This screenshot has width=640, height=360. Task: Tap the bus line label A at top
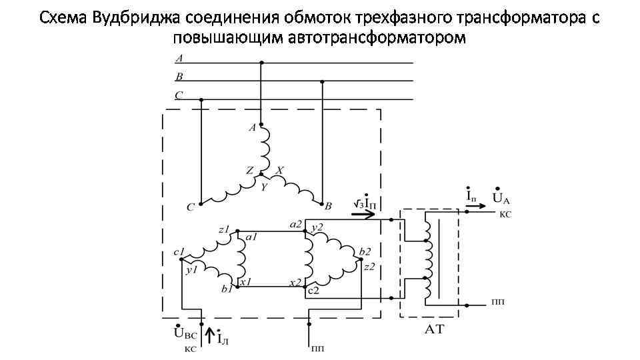click(x=179, y=59)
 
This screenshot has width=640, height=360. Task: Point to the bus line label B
click(x=179, y=77)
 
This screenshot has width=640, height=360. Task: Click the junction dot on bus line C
click(x=201, y=101)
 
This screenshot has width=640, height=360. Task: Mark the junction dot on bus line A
click(x=261, y=63)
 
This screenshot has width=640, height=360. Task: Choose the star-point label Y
click(x=264, y=187)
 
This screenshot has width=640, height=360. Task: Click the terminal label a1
click(x=253, y=237)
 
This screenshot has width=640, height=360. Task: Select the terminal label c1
click(x=178, y=253)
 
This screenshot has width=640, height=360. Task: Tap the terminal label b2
click(x=365, y=251)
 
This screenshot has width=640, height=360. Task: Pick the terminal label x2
click(x=296, y=283)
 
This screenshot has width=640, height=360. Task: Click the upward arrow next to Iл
click(x=211, y=333)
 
